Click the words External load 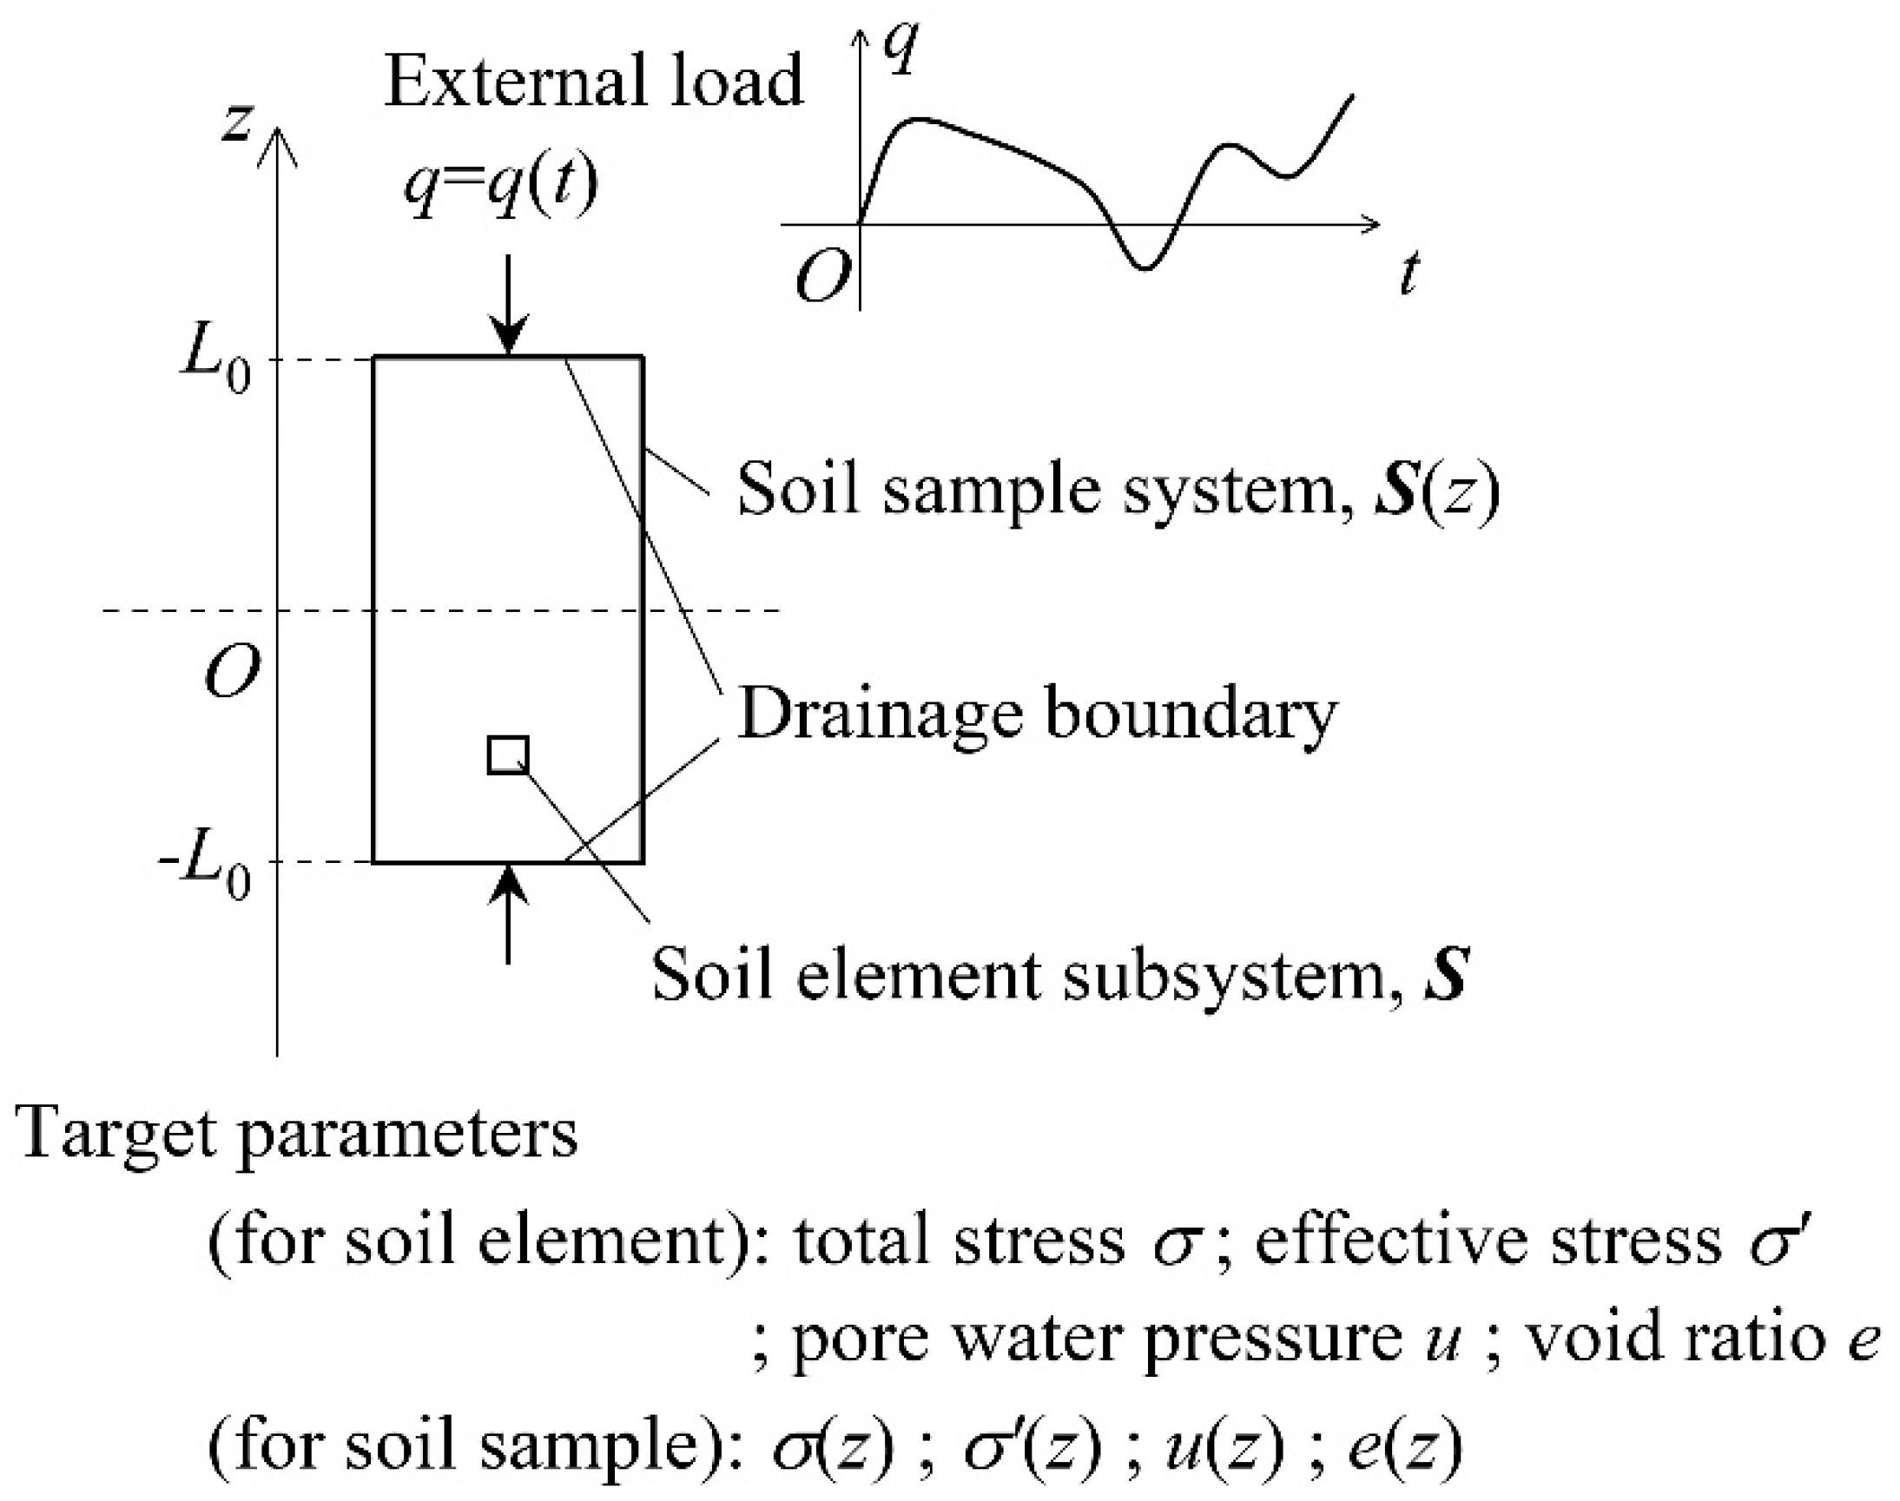coord(594,81)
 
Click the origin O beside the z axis coord(232,672)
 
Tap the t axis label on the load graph coord(1409,273)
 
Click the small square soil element coord(508,755)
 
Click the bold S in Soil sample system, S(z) coord(1395,490)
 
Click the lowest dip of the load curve coord(1145,267)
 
